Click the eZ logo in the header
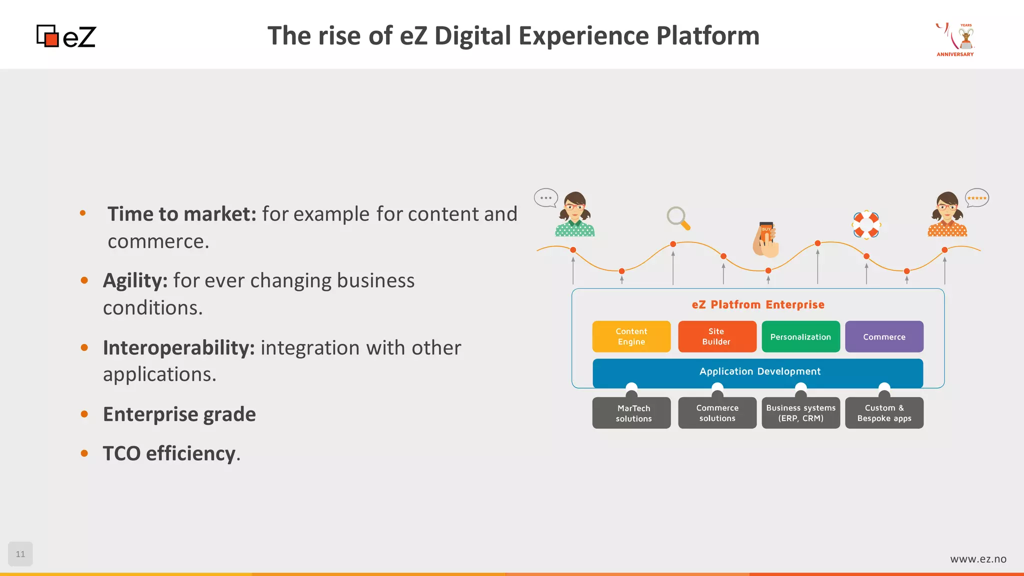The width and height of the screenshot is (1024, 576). click(66, 36)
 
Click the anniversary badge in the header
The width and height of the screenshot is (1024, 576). click(955, 39)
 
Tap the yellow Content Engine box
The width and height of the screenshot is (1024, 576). click(631, 336)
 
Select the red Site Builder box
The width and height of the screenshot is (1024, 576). click(716, 336)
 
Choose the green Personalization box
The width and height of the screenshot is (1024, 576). click(800, 336)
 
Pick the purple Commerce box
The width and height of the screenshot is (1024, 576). click(884, 336)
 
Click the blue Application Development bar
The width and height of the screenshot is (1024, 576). click(758, 371)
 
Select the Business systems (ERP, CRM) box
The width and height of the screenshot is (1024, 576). click(800, 413)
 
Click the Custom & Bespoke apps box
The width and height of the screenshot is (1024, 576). click(884, 413)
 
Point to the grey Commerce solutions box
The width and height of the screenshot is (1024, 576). click(717, 413)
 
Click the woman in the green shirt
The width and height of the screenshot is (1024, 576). click(575, 215)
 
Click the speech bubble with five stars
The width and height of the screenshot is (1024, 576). click(976, 198)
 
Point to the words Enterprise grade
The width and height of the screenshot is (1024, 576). click(179, 414)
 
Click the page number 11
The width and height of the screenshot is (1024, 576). click(20, 554)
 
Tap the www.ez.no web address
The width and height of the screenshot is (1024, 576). click(978, 559)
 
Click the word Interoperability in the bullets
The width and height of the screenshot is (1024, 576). click(179, 348)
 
